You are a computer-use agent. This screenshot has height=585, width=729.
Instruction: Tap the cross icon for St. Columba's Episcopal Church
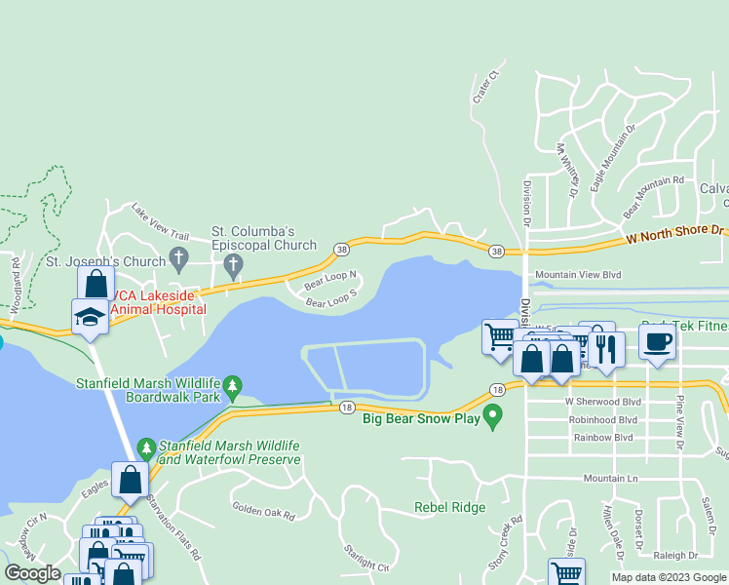(x=232, y=264)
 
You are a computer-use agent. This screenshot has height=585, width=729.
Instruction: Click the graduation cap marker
(x=90, y=316)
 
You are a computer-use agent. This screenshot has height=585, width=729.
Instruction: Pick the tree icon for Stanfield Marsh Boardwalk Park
(x=232, y=388)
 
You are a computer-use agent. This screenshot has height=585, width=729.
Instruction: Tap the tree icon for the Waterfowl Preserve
(x=146, y=448)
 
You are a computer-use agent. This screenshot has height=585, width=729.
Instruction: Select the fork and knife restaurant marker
(x=606, y=349)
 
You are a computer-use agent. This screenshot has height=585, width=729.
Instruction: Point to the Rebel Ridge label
(x=449, y=507)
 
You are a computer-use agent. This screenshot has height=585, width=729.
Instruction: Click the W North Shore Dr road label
(x=676, y=234)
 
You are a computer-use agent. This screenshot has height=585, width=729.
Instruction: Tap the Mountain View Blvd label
(x=577, y=276)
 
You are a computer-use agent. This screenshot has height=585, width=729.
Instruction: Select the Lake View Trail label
(x=160, y=223)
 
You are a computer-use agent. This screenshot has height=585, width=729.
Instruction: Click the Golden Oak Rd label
(x=263, y=509)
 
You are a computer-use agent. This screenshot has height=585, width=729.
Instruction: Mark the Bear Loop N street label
(x=330, y=281)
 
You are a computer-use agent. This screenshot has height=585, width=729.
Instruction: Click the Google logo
(x=32, y=573)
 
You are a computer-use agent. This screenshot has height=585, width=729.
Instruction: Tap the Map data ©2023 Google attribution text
(x=669, y=577)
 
